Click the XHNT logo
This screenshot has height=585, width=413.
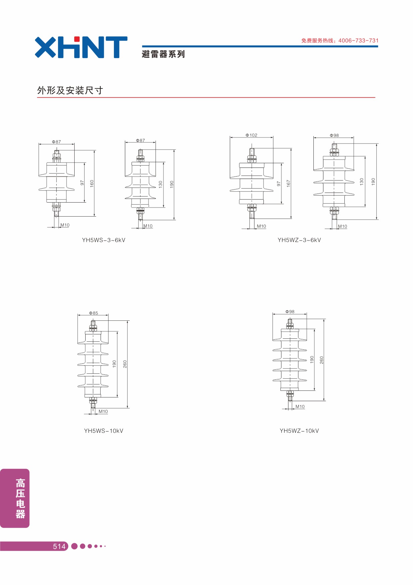coord(81,47)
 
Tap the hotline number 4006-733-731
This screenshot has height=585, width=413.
coord(358,41)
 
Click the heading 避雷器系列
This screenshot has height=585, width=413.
coord(163,54)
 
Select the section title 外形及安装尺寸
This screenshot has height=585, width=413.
coord(70,90)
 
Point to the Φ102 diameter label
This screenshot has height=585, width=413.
coord(251,135)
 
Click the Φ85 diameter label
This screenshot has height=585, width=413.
coord(94,313)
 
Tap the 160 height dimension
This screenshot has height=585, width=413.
coord(92,183)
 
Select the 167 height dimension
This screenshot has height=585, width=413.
coord(288,183)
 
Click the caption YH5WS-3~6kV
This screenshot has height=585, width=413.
coord(104,240)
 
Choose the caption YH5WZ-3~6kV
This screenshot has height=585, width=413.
coord(299,240)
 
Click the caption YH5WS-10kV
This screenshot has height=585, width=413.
coord(104,431)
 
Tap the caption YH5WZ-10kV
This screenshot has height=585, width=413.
coord(299,431)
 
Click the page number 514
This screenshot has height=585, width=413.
coord(59,546)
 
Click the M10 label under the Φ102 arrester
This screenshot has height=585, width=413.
coord(261,226)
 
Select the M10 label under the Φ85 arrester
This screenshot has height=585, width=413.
coord(103,411)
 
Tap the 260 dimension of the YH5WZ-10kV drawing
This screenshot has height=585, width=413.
coord(321,360)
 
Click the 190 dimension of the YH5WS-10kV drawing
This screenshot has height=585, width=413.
coord(114,364)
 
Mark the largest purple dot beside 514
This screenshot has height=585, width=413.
coord(75,546)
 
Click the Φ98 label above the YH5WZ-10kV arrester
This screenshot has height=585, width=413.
coord(290,312)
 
